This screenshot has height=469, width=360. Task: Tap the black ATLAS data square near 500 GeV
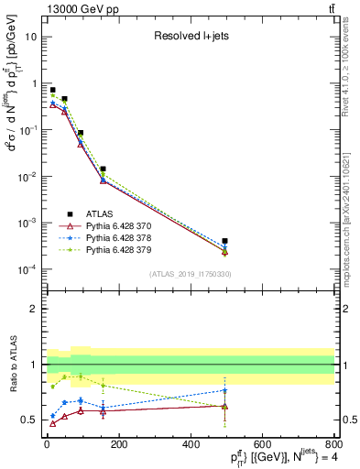coord(225,241)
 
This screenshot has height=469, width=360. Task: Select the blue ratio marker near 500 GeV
coord(225,390)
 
